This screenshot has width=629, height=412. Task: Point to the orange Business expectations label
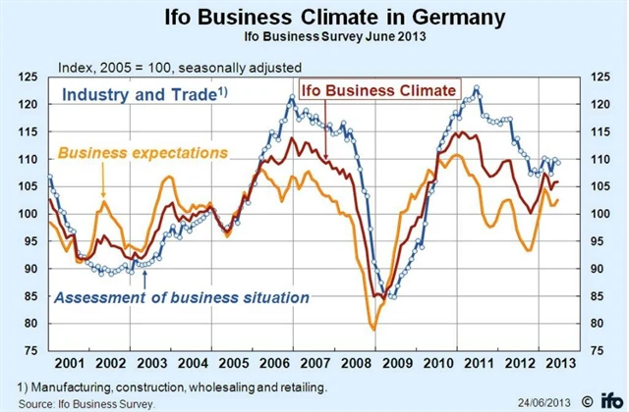(x=143, y=153)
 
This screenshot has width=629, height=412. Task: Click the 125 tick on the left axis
(x=28, y=76)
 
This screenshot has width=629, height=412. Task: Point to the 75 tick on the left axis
(x=29, y=350)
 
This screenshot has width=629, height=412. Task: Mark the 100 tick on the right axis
(x=598, y=213)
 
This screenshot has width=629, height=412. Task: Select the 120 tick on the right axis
(x=598, y=103)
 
